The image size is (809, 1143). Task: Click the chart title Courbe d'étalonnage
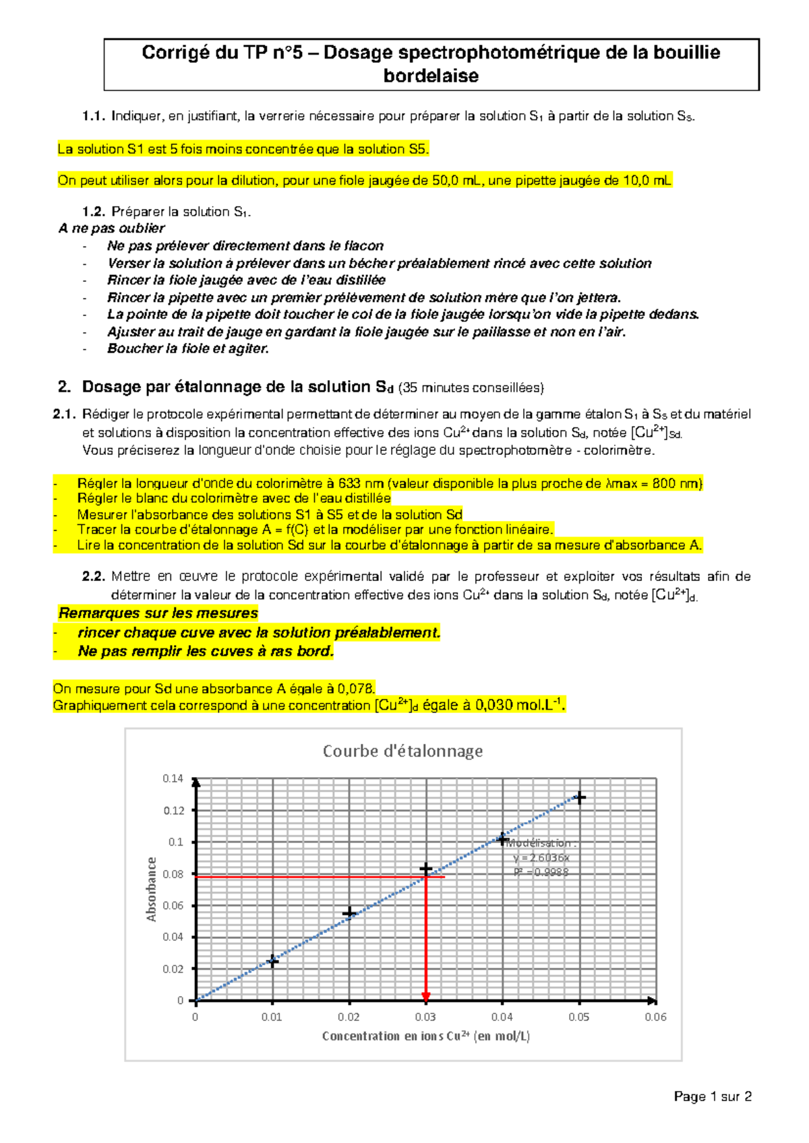402,751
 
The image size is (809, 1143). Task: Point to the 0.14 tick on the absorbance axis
173,778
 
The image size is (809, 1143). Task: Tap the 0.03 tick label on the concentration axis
425,1017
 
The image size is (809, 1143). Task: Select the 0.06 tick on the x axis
655,1017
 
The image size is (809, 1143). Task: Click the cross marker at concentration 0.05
579,797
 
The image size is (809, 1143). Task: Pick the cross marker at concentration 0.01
272,961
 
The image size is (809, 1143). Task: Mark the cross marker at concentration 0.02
349,913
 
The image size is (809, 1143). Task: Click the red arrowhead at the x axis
425,996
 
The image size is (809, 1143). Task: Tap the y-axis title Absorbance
151,889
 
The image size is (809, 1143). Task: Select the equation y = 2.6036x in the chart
541,857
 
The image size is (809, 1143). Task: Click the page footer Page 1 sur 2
712,1096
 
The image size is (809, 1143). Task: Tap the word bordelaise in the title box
431,76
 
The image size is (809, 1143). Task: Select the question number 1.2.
93,212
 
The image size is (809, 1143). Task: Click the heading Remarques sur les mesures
158,613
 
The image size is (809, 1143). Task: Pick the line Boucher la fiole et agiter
188,348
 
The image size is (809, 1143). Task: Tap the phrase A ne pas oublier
111,228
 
